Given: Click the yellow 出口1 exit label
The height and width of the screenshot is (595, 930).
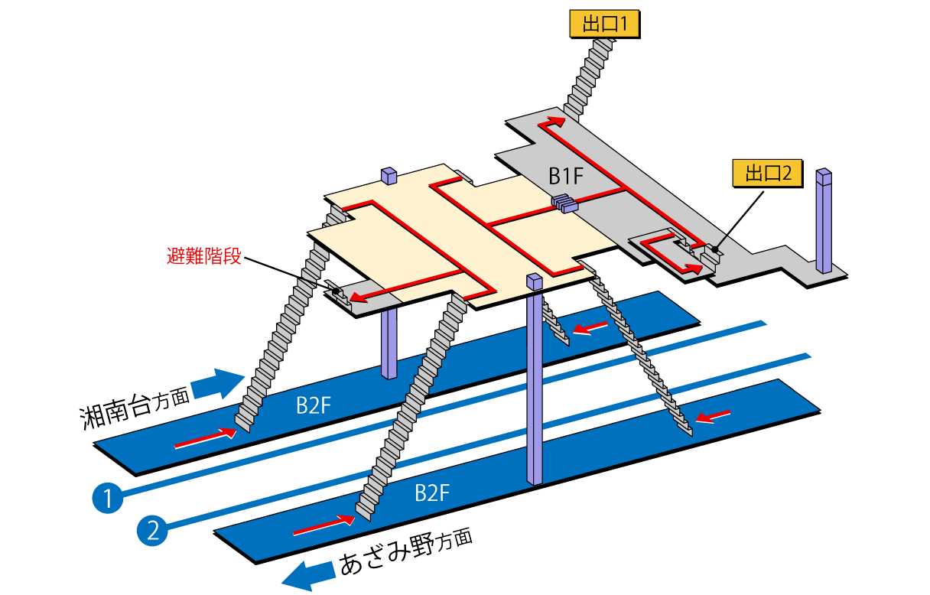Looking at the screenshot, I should pyautogui.click(x=604, y=24).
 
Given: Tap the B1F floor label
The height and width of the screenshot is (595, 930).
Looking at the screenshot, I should pyautogui.click(x=566, y=177).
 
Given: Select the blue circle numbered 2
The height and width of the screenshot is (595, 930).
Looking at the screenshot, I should pyautogui.click(x=153, y=530).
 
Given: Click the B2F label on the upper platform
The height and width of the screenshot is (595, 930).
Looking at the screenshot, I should pyautogui.click(x=313, y=405).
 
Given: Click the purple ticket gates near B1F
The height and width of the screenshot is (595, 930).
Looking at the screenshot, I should pyautogui.click(x=565, y=203).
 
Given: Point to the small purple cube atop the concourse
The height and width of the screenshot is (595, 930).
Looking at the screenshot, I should pyautogui.click(x=389, y=176).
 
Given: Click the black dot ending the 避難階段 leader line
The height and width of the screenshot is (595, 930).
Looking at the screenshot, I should pyautogui.click(x=336, y=291).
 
